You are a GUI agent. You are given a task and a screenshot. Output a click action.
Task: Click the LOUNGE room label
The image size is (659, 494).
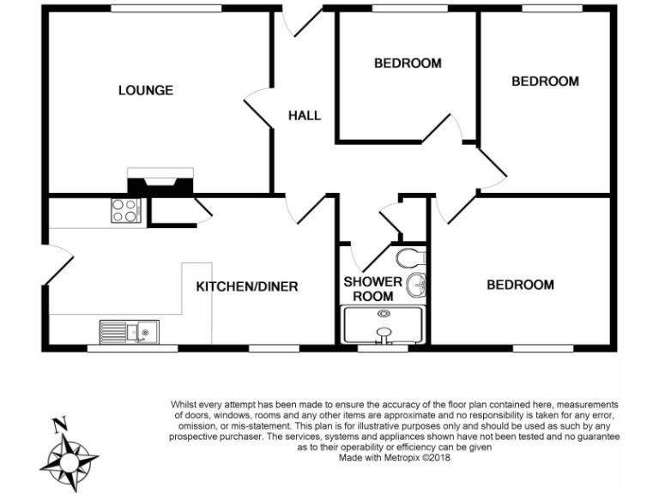tap(146, 90)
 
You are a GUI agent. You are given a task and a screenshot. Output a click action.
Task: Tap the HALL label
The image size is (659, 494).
tap(304, 115)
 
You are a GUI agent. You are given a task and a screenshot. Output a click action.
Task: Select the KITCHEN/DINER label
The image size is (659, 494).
tap(247, 286)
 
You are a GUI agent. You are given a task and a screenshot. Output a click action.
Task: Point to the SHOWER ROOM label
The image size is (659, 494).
tap(373, 289)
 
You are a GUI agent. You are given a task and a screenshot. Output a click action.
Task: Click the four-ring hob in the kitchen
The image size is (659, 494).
tap(124, 210)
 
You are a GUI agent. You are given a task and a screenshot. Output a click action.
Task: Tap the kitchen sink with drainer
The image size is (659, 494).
tap(128, 330)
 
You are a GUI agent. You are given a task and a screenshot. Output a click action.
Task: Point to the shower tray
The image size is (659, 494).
tap(384, 328)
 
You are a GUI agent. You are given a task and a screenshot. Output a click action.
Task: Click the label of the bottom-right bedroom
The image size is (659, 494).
tap(520, 286)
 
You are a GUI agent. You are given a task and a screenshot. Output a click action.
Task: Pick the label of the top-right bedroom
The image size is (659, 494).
tap(545, 81)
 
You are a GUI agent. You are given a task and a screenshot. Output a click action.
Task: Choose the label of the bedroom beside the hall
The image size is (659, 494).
tap(408, 63)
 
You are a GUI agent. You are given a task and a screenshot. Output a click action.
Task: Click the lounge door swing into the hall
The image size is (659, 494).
tap(258, 107)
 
